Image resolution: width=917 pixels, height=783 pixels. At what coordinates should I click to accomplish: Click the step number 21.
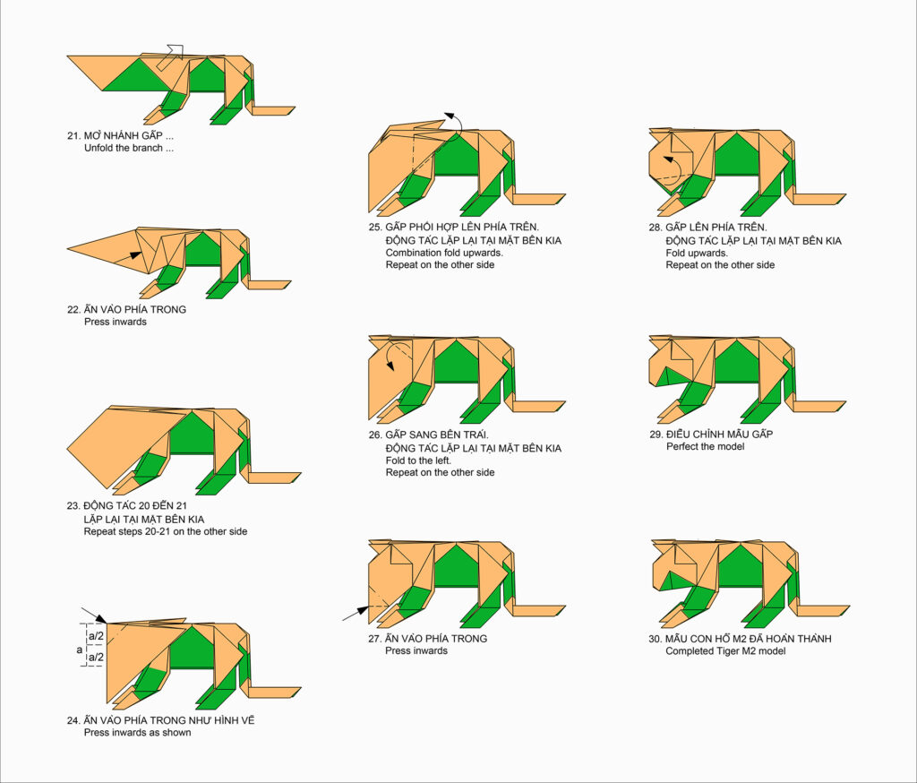coord(73,136)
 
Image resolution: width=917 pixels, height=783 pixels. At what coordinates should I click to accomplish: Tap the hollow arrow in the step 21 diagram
coord(171,57)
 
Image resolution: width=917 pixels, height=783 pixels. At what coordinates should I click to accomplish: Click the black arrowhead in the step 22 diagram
coord(136,255)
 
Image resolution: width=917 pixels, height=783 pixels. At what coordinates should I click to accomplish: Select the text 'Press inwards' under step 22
coord(116,322)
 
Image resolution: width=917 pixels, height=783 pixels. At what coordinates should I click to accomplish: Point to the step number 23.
coord(73,505)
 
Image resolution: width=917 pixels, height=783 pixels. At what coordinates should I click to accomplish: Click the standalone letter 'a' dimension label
coord(80,650)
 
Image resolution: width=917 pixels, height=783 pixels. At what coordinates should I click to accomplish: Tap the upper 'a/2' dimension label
coord(96,635)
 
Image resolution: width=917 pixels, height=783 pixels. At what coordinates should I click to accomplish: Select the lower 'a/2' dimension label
coord(96,658)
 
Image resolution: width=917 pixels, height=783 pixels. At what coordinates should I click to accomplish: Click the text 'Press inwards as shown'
coord(137,733)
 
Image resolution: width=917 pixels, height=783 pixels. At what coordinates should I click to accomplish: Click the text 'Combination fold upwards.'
coord(444,253)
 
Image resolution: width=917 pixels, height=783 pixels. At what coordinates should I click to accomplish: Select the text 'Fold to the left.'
coord(418,460)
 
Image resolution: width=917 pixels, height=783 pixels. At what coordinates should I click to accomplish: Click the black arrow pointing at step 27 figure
coord(356,614)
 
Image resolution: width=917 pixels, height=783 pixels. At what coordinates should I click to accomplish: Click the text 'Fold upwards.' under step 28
coord(697,253)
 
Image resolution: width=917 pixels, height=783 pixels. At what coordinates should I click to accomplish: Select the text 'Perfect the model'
coord(706,446)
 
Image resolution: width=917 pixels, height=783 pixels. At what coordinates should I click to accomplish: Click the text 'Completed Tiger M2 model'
coord(725,651)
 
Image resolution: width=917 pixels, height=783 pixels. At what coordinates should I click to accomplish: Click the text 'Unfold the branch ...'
coord(129,148)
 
